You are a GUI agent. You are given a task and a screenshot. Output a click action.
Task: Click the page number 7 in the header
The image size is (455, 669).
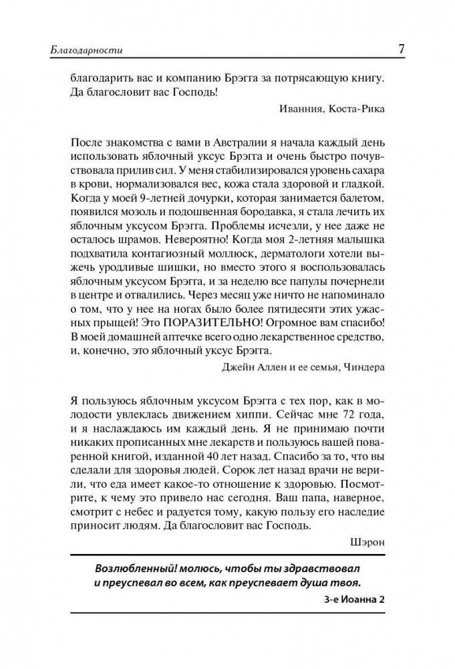[x=400, y=50]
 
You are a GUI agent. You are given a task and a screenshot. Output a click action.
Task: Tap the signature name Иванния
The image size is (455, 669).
[x=298, y=109]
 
